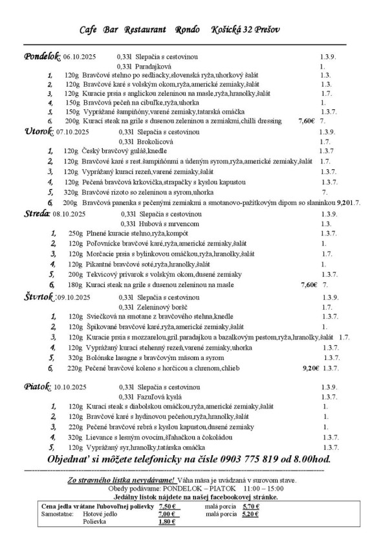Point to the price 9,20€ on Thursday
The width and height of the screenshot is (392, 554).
(312, 368)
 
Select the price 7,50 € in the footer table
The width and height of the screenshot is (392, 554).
(168, 506)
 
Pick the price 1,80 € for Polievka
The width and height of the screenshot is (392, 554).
(167, 521)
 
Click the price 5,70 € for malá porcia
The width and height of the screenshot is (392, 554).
(250, 506)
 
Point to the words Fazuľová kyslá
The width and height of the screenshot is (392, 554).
(157, 396)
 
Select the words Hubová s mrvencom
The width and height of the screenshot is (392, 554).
(162, 223)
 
